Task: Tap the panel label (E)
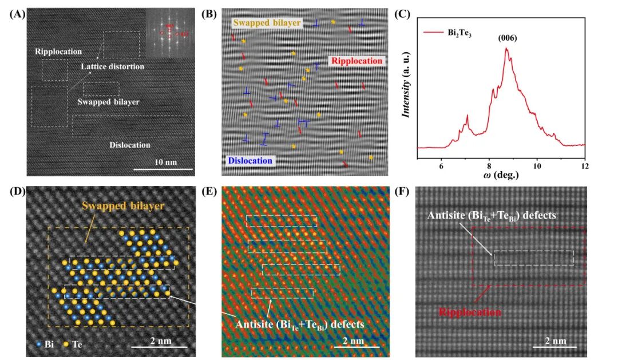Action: click(212, 191)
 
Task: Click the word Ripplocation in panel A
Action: click(58, 52)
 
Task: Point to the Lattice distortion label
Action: click(112, 67)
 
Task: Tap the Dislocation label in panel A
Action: click(129, 145)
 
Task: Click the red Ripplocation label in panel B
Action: click(355, 61)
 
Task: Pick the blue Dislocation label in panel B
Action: click(249, 160)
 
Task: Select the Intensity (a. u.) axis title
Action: click(407, 92)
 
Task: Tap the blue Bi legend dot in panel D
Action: click(38, 345)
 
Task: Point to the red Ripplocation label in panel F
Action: click(470, 313)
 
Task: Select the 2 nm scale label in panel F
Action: click(554, 341)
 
